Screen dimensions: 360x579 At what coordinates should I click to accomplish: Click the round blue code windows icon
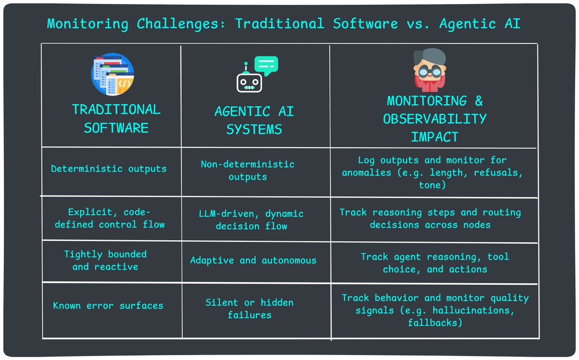112,74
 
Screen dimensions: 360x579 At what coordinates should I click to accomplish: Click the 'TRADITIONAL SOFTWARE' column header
116,118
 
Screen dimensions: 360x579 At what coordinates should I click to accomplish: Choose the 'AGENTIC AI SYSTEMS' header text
254,121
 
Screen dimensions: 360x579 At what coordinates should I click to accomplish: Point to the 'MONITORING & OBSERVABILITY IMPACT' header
434,119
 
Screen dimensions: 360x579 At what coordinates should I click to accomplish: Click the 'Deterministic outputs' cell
109,169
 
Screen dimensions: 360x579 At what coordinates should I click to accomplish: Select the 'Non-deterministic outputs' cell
248,170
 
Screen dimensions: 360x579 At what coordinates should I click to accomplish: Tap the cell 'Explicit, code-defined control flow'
110,218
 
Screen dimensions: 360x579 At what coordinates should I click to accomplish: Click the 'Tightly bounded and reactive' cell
105,261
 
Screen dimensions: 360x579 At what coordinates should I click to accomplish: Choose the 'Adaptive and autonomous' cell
253,261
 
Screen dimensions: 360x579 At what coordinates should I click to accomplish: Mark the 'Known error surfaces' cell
108,305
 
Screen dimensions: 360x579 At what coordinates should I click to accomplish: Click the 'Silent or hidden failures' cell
249,309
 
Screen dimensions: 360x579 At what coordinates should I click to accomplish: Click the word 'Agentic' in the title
467,24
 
